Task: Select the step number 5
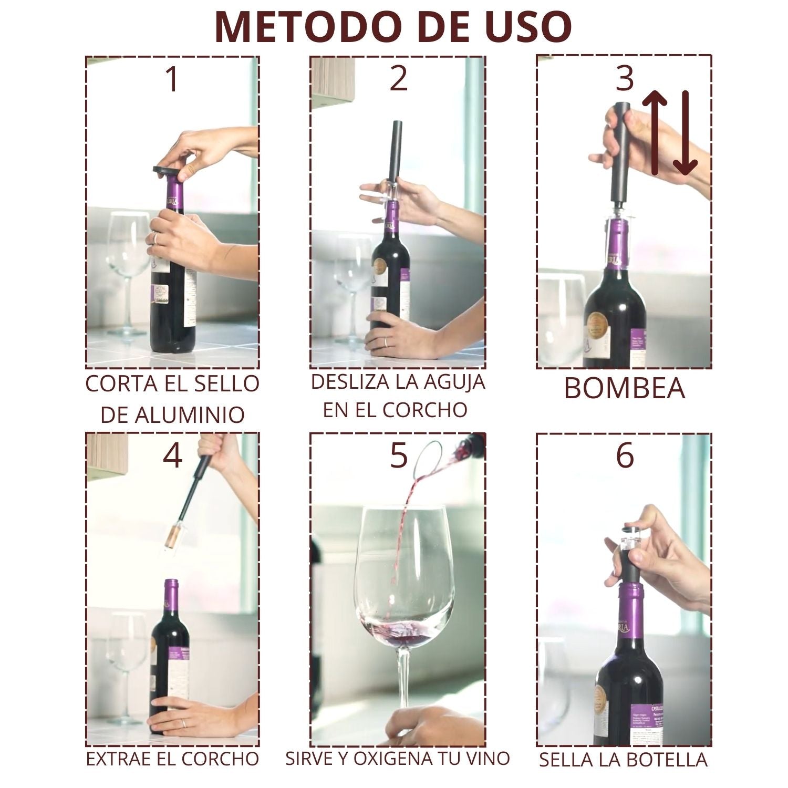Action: tap(398, 455)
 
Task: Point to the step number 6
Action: tap(625, 455)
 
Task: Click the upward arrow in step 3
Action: tap(655, 131)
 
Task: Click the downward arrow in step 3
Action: tap(686, 134)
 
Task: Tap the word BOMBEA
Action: tap(624, 389)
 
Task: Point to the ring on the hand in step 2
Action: tap(385, 342)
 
